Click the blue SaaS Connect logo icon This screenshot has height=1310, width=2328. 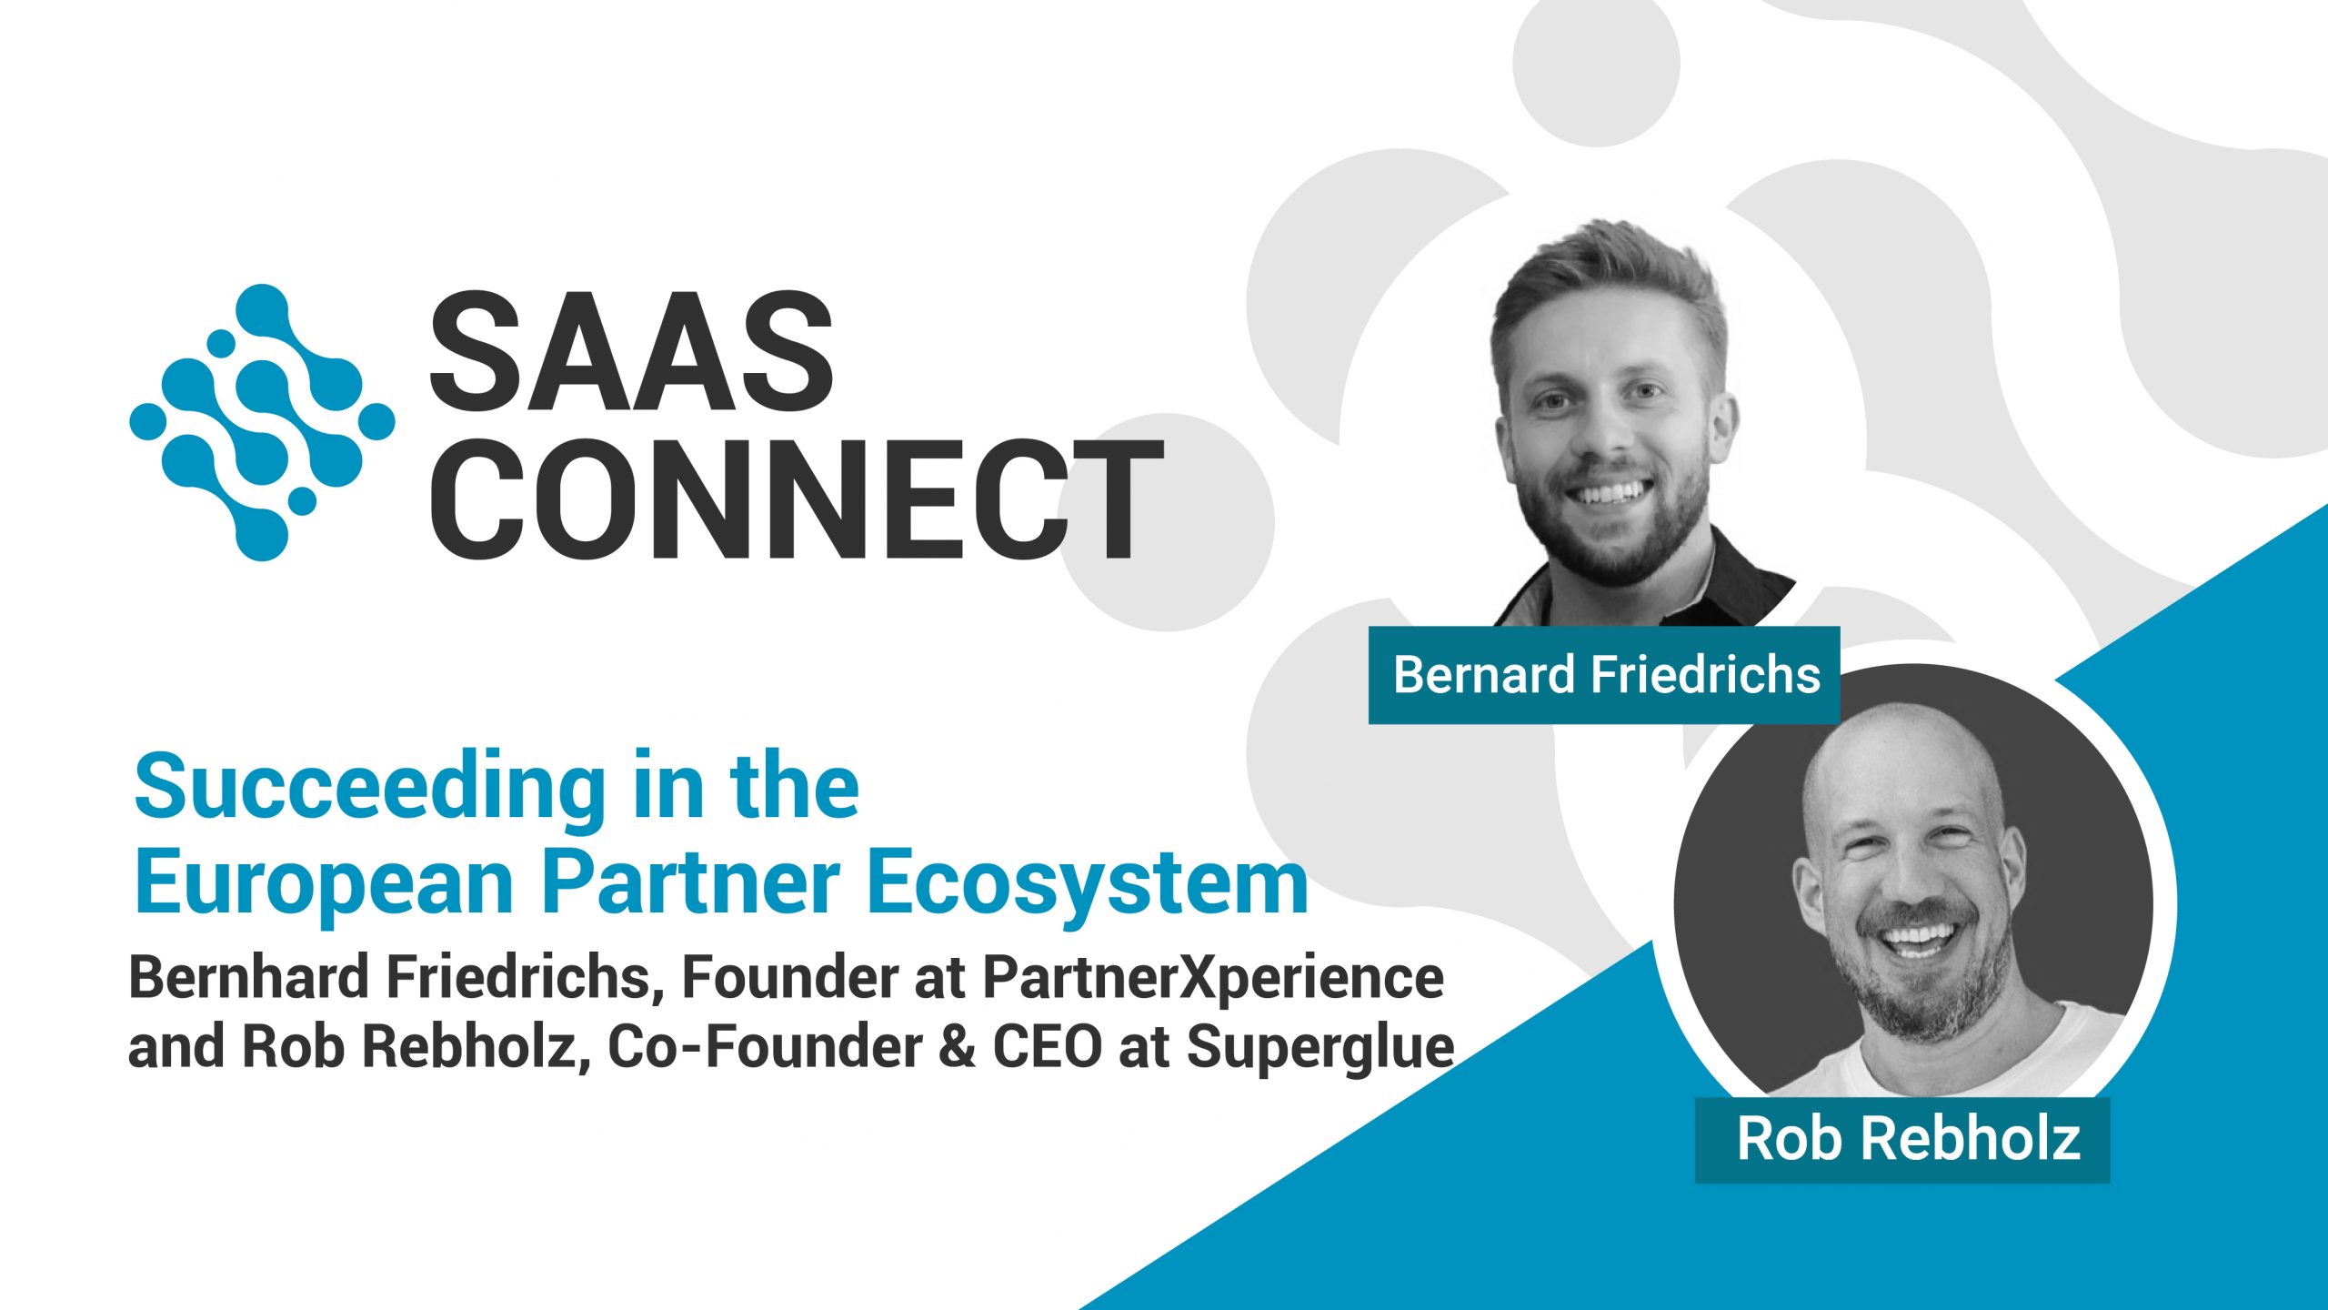[262, 422]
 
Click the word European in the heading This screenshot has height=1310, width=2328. [323, 882]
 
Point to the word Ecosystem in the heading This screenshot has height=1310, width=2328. [1088, 882]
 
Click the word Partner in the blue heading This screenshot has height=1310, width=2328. [691, 882]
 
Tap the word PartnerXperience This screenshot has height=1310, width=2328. [1213, 978]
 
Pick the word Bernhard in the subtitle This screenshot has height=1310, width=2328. [249, 978]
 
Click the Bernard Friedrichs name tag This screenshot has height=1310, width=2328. [1605, 675]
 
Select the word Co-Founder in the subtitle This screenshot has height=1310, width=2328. [765, 1046]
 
